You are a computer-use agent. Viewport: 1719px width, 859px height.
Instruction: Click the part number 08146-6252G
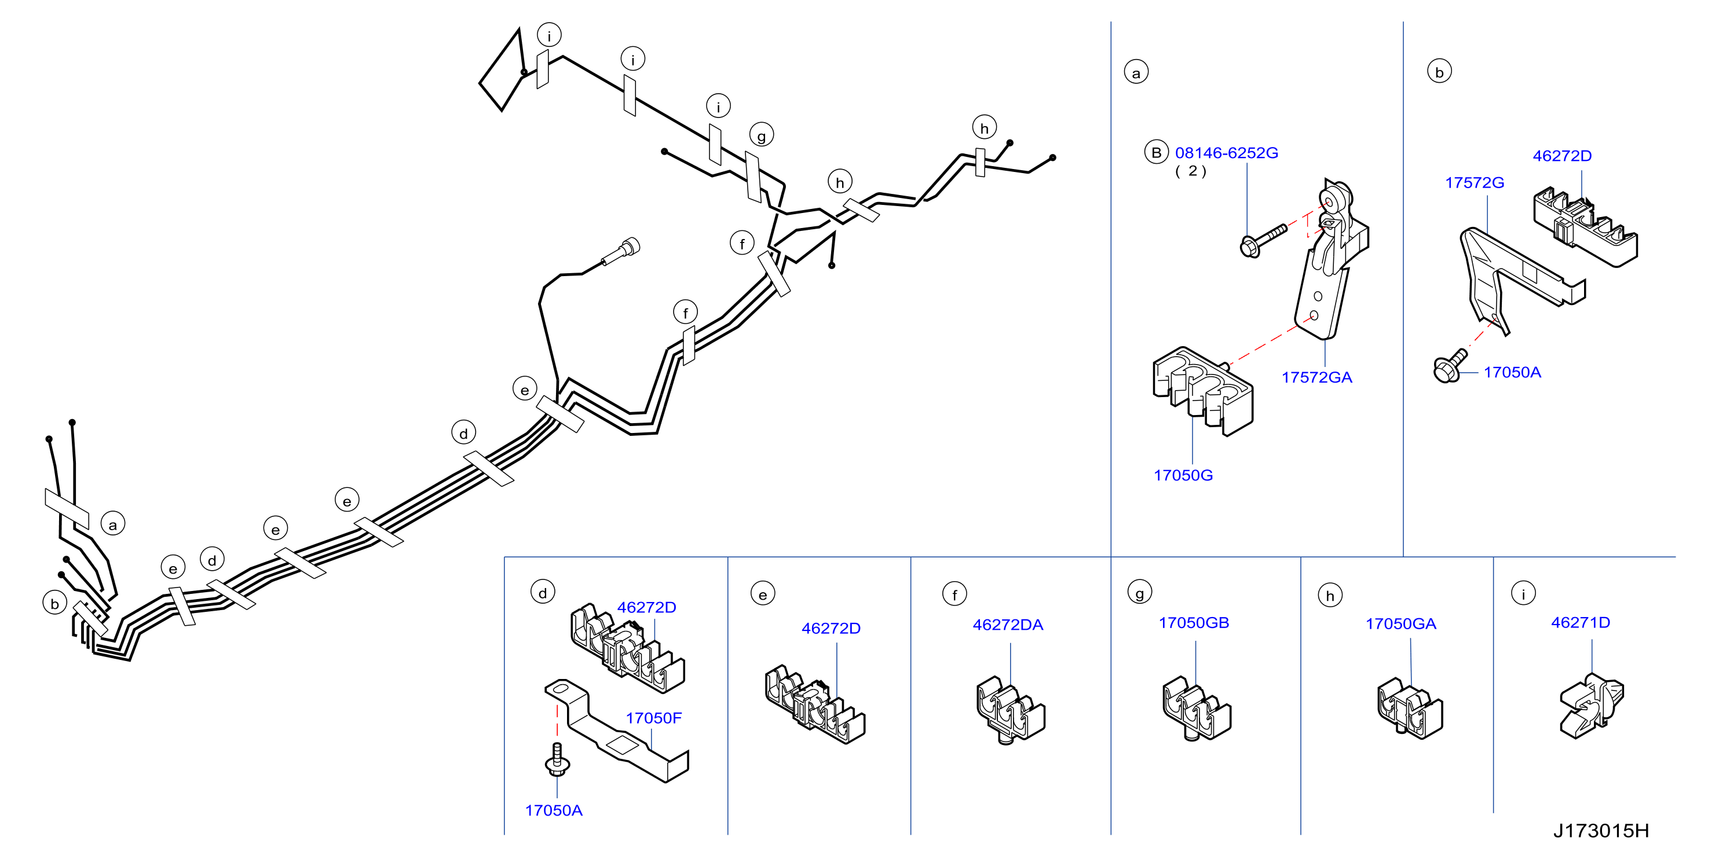pyautogui.click(x=1226, y=153)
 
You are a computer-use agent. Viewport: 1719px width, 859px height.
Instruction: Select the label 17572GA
pyautogui.click(x=1316, y=377)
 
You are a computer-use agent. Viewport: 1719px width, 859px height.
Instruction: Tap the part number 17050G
pyautogui.click(x=1183, y=476)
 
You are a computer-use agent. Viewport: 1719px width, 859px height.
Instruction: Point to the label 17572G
pyautogui.click(x=1474, y=183)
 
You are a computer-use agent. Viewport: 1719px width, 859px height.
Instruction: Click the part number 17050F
pyautogui.click(x=653, y=718)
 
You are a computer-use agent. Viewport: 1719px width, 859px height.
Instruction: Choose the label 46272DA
pyautogui.click(x=1008, y=625)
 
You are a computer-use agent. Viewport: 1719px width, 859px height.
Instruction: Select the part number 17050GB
pyautogui.click(x=1194, y=623)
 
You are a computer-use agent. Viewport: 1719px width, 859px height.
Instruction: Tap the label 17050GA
pyautogui.click(x=1400, y=624)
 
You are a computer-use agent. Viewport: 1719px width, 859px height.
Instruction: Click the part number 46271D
pyautogui.click(x=1580, y=623)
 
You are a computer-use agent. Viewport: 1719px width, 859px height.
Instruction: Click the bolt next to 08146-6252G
pyautogui.click(x=1263, y=240)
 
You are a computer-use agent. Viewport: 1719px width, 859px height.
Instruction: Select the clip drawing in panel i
pyautogui.click(x=1592, y=706)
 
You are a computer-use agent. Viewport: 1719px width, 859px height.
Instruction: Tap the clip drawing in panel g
pyautogui.click(x=1197, y=709)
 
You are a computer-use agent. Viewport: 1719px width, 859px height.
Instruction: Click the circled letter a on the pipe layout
pyautogui.click(x=113, y=524)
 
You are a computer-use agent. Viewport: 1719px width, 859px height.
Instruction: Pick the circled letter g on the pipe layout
pyautogui.click(x=762, y=135)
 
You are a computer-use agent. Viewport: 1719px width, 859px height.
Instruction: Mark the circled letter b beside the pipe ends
pyautogui.click(x=54, y=604)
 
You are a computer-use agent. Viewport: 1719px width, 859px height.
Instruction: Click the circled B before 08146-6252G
pyautogui.click(x=1157, y=152)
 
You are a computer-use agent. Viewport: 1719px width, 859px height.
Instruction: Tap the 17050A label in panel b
pyautogui.click(x=1512, y=373)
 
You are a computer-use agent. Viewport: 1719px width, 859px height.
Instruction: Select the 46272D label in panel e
pyautogui.click(x=831, y=628)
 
